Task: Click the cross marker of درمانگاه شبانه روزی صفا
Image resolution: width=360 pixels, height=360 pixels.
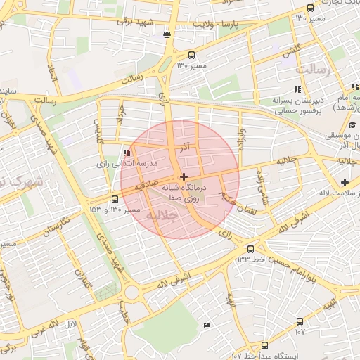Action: pos(184,176)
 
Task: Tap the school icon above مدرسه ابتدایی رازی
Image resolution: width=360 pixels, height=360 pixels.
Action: pos(127,153)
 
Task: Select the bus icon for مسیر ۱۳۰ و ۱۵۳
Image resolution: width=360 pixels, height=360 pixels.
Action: pos(115,199)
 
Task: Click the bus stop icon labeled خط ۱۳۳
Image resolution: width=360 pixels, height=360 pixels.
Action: pos(250,249)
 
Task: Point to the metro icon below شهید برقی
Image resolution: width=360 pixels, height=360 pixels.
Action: pos(167,34)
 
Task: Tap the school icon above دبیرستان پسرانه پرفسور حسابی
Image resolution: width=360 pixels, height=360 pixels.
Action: pos(297,89)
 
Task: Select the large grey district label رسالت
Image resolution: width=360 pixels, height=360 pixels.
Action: pos(313,70)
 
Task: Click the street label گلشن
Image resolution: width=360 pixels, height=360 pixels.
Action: pos(290,52)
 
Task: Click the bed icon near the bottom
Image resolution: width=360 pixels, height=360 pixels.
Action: pos(206,324)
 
